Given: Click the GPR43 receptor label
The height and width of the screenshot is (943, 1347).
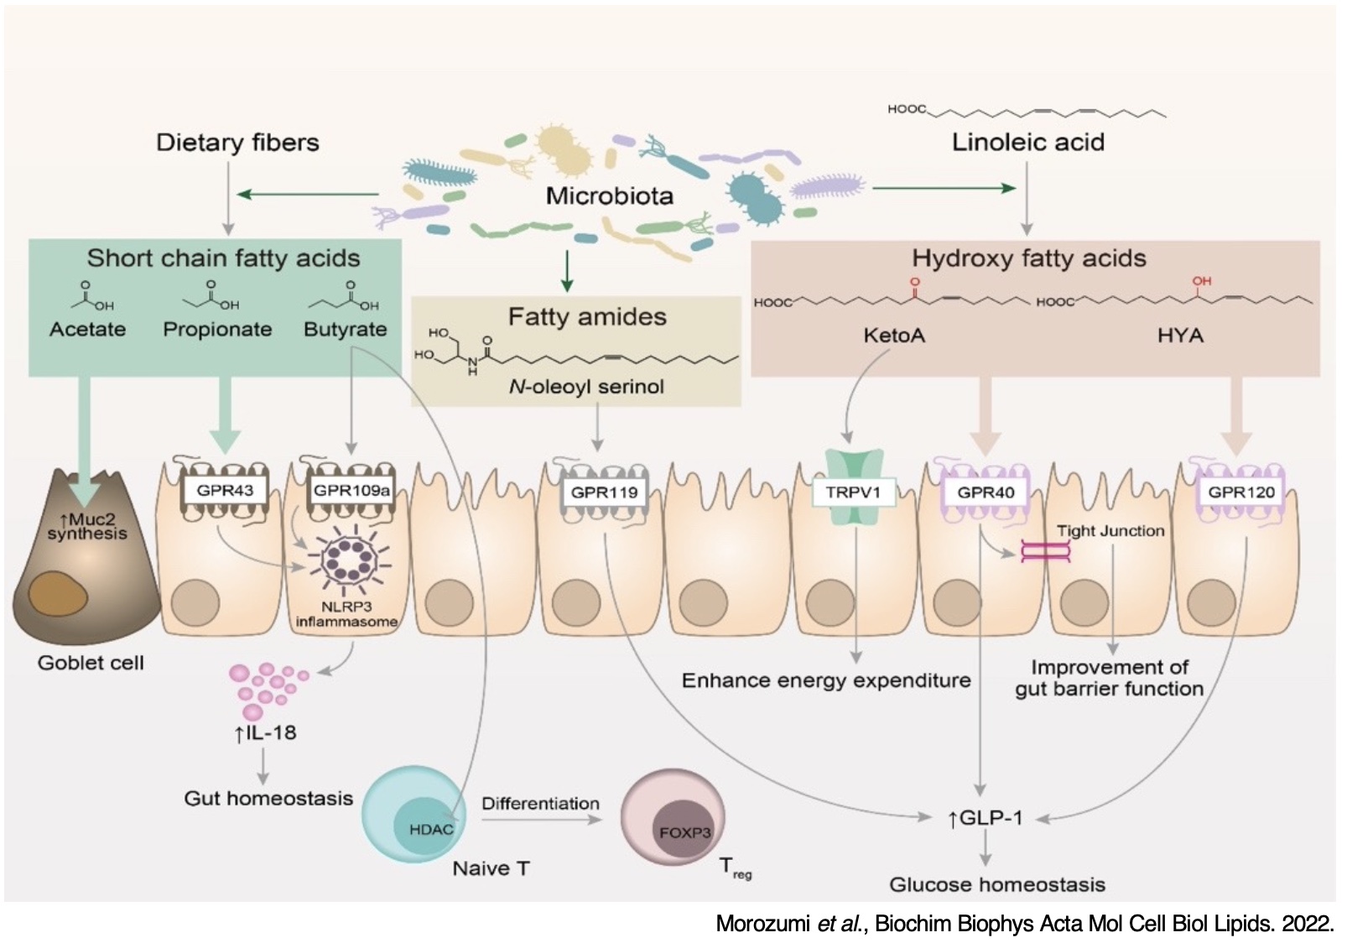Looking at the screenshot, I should (225, 490).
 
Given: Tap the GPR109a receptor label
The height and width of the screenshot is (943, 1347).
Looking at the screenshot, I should (351, 490).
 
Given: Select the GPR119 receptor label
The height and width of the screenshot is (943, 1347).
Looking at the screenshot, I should (604, 492).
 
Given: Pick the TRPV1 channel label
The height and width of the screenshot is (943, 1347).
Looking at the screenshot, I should (853, 492).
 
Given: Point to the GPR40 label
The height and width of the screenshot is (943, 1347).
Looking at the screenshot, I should (986, 492).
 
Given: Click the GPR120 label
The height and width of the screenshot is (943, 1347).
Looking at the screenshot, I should (1240, 492).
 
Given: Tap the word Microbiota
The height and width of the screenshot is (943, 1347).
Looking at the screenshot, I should (610, 196).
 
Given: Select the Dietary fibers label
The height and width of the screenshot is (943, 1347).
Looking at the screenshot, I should (237, 143).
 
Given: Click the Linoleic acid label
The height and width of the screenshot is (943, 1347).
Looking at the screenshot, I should (1027, 143).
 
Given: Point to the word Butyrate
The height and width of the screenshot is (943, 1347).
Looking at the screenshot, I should (346, 329).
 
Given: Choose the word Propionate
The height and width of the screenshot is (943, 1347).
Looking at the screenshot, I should (217, 329).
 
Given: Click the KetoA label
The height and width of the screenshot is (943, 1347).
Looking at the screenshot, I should (894, 336).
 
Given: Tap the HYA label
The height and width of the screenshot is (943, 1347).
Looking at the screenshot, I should (1180, 336).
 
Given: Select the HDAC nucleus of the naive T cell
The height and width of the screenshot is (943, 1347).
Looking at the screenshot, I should (430, 829).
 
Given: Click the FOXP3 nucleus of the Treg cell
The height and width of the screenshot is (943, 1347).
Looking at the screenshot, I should (684, 832).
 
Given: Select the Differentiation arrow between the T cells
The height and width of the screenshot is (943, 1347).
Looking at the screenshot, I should (541, 820).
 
